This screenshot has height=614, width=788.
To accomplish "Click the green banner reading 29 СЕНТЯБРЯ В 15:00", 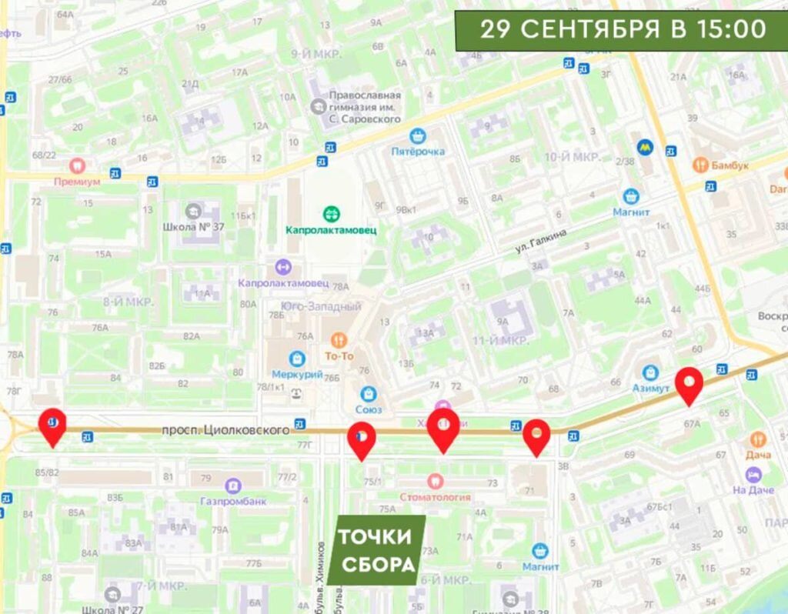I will pyautogui.click(x=622, y=30).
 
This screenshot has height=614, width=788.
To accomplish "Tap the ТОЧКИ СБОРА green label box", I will pyautogui.click(x=376, y=551).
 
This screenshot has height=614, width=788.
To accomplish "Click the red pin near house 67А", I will pyautogui.click(x=689, y=385).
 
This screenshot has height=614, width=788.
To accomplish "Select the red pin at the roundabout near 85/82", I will pyautogui.click(x=52, y=426).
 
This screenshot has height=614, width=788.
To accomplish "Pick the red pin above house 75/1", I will pyautogui.click(x=361, y=440).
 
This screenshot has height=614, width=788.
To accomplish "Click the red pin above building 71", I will pyautogui.click(x=536, y=437).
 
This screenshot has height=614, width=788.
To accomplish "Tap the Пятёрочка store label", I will pyautogui.click(x=418, y=151).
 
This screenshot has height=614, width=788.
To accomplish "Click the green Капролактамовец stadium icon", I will pyautogui.click(x=332, y=212).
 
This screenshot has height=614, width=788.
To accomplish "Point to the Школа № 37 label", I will pyautogui.click(x=194, y=227).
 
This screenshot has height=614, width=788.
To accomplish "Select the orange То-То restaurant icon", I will pyautogui.click(x=338, y=339).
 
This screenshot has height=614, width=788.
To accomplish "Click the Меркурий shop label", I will pyautogui.click(x=297, y=374).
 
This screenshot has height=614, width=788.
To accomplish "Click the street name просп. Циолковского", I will pyautogui.click(x=225, y=430).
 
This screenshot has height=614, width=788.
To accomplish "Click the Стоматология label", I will pyautogui.click(x=435, y=496).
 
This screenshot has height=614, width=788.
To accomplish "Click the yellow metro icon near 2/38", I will pyautogui.click(x=644, y=146).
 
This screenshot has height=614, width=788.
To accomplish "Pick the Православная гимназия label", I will pyautogui.click(x=365, y=106).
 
